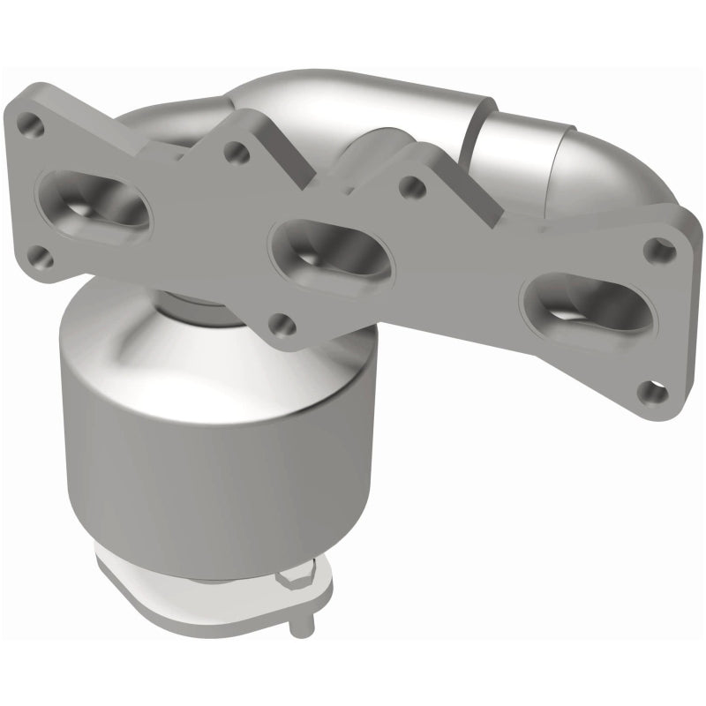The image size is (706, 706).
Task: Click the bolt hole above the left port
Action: click(x=32, y=126)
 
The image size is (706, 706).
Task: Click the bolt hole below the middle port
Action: click(x=282, y=324)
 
